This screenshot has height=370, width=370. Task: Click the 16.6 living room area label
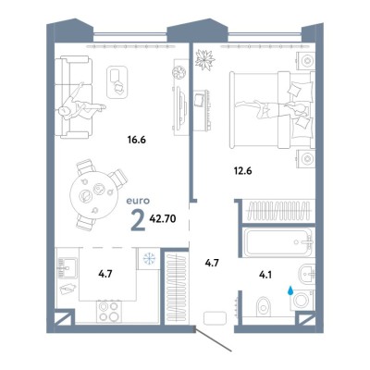tap(137, 140)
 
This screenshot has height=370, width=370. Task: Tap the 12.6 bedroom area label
tap(242, 170)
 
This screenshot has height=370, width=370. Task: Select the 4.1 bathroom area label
tap(265, 275)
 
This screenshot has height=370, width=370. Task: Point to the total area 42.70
tap(163, 219)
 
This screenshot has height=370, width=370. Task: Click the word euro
tap(138, 201)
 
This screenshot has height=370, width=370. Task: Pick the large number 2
tap(138, 221)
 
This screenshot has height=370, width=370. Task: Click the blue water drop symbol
tap(290, 290)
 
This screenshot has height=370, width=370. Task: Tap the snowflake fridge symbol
tap(148, 258)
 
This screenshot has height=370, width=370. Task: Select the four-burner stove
tap(108, 312)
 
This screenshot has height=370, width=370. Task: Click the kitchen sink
tap(67, 268)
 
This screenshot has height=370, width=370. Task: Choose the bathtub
tap(277, 242)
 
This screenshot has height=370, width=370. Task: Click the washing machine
tap(302, 301)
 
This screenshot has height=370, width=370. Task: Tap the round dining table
tap(92, 196)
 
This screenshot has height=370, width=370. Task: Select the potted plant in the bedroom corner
tap(204, 60)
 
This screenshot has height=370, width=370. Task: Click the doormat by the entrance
tap(215, 318)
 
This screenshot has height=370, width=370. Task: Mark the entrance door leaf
tap(213, 341)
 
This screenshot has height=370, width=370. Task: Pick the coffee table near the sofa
tap(117, 81)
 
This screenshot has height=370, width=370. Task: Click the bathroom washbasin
tap(306, 273)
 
